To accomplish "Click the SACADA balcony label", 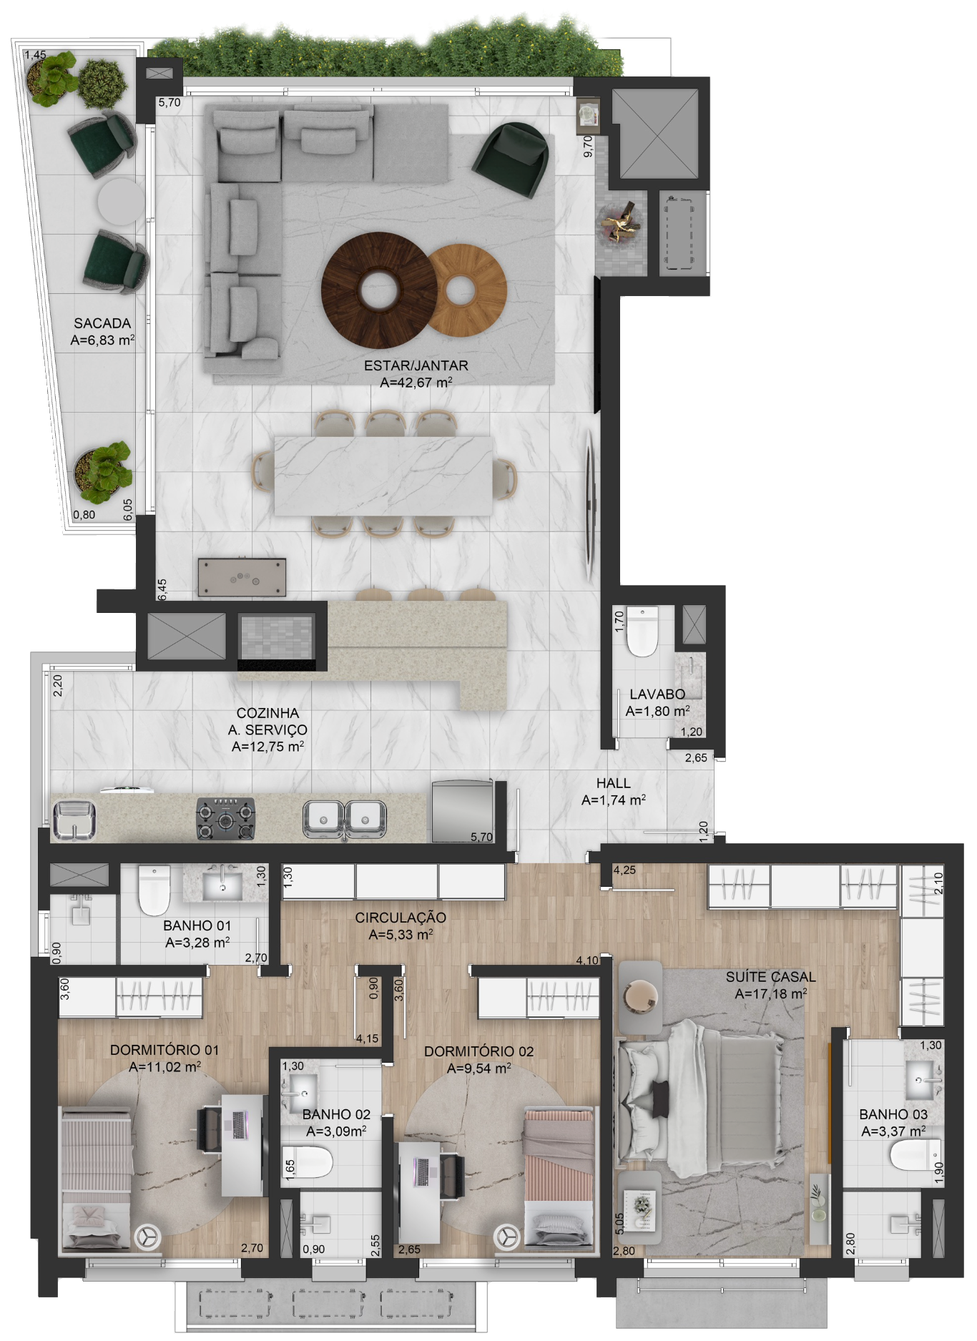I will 102,323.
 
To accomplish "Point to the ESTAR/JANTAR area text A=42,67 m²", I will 416,383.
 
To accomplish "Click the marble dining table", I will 383,476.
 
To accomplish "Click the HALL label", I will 613,783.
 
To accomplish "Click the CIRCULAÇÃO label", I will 401,918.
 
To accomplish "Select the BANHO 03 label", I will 893,1114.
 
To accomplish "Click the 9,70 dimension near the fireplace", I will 588,146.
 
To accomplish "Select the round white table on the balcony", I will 119,202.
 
